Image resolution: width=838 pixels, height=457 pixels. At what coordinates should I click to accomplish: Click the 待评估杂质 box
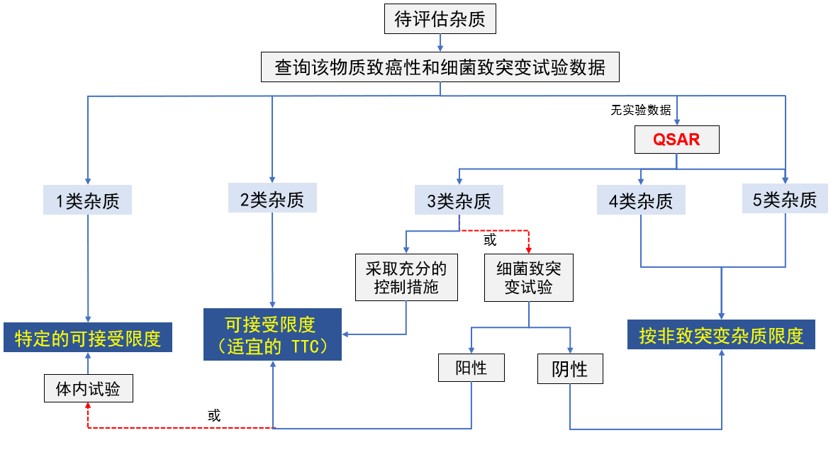[440, 19]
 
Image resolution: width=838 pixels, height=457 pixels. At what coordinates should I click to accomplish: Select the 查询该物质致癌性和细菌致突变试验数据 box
[440, 68]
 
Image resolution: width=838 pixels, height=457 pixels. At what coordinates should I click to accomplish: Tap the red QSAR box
[676, 140]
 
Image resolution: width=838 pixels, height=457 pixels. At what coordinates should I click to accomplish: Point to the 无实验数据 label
[640, 110]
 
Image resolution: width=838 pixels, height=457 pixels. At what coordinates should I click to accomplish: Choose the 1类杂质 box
[88, 201]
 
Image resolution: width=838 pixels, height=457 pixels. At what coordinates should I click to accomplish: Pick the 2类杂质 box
[272, 200]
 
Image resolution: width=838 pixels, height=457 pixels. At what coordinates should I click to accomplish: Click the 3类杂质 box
[459, 201]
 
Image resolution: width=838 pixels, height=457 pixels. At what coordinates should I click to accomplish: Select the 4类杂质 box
[641, 201]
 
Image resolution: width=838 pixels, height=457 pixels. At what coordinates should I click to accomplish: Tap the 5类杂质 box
[785, 200]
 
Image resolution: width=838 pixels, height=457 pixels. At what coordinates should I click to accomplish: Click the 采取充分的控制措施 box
[406, 278]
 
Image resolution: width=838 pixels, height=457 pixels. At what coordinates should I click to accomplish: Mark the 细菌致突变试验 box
[529, 278]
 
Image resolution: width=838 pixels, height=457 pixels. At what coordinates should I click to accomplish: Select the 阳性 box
[471, 368]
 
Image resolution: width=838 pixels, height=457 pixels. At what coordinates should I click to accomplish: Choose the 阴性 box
[570, 369]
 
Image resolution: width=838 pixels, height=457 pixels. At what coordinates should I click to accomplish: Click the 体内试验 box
[88, 388]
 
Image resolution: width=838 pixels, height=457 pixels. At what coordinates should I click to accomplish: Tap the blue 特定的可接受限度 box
[88, 338]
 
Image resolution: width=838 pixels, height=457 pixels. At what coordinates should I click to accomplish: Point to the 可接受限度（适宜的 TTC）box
[272, 334]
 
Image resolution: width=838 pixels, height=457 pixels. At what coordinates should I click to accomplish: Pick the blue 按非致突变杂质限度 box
[721, 335]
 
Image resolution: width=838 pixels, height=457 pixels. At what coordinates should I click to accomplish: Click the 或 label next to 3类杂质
[490, 239]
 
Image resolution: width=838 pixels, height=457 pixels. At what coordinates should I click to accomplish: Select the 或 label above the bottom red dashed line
[214, 415]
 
